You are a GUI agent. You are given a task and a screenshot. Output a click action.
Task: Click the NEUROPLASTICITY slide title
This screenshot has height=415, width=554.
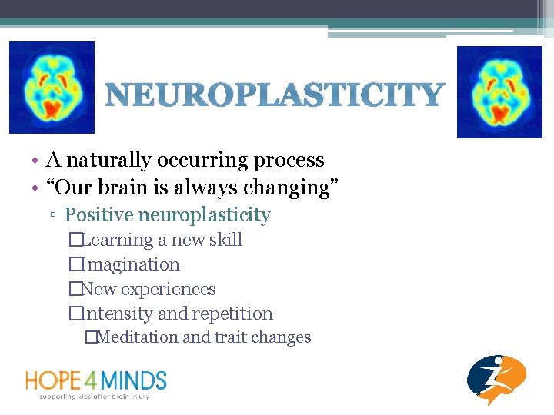pyautogui.click(x=274, y=96)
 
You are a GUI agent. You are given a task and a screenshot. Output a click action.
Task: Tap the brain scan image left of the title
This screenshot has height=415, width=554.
pyautogui.click(x=51, y=88)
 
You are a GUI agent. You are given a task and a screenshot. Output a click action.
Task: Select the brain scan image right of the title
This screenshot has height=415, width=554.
pyautogui.click(x=489, y=91)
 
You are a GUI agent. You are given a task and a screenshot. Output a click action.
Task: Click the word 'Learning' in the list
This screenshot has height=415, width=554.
pyautogui.click(x=118, y=240)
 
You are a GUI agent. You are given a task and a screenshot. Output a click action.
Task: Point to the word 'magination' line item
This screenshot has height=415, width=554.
pyautogui.click(x=133, y=264)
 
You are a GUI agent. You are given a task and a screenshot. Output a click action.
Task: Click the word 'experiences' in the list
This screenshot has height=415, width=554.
pyautogui.click(x=171, y=289)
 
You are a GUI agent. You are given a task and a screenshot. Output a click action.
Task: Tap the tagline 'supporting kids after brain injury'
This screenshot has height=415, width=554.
pyautogui.click(x=95, y=396)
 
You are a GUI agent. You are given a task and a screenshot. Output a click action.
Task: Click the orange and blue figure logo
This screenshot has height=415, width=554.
pyautogui.click(x=496, y=379)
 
